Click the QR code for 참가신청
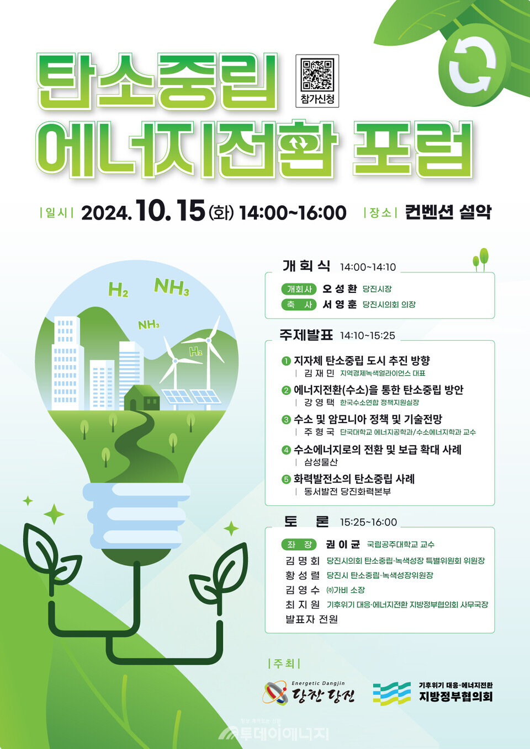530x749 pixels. point(317,74)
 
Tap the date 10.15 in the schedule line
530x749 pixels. point(170,211)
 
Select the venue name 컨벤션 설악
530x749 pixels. point(448,212)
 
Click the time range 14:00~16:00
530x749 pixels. point(293,212)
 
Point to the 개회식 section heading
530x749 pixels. point(306,266)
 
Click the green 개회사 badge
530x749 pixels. point(299,289)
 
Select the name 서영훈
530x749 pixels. point(340,304)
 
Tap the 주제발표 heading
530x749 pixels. point(306,335)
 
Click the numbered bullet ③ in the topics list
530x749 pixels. point(286,420)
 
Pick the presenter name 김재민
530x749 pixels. point(319,373)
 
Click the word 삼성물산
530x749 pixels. point(321,462)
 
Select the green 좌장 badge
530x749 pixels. point(299,544)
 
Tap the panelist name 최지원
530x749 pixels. point(303,604)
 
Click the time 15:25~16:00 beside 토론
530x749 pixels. point(368,522)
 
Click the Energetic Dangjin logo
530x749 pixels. point(309,693)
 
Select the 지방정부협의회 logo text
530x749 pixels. point(455,696)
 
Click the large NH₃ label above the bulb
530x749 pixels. point(172,287)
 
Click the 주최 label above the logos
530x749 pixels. point(284,664)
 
